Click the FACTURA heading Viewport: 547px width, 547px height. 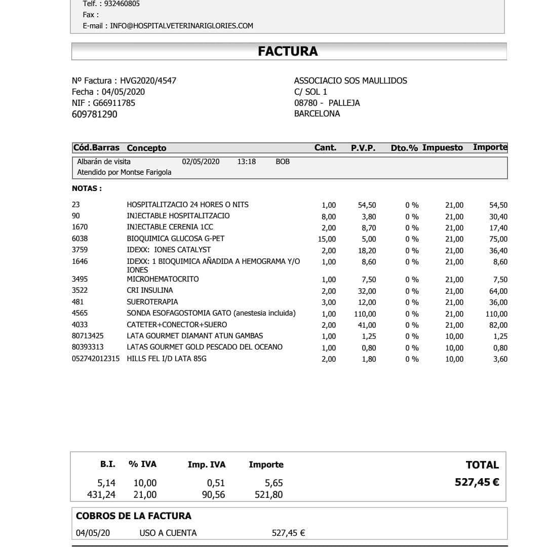288,51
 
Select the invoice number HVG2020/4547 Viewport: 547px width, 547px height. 148,81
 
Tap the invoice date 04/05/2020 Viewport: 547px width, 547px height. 123,92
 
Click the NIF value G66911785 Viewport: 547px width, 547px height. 114,103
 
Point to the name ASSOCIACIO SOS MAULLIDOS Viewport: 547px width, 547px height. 350,81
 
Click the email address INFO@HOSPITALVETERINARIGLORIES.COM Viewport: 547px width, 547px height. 182,26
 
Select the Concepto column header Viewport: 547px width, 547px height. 146,148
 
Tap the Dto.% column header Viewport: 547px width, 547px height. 404,148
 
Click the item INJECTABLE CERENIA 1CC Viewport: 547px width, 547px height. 170,227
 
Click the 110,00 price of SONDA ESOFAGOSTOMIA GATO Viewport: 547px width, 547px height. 365,314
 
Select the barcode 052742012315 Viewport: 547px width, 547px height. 96,359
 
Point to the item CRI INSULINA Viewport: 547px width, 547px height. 149,290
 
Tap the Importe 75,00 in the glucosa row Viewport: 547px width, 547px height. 498,239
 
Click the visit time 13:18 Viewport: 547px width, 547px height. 246,162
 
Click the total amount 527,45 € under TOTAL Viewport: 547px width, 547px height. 477,482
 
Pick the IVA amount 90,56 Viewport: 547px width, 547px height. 213,495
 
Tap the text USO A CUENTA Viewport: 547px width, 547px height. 168,533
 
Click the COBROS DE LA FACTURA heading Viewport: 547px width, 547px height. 134,516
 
